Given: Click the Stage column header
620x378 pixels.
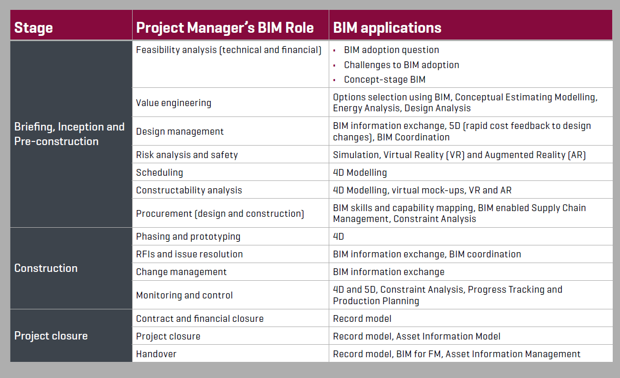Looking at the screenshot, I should [x=33, y=28].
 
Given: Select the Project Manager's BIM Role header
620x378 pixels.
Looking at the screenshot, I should [x=225, y=28].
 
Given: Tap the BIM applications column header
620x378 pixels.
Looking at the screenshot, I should [x=387, y=28].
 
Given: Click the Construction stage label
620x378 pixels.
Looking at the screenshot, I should [x=46, y=268].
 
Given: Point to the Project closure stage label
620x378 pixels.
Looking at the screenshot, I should [x=51, y=336].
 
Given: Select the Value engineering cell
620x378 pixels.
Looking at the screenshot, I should [x=174, y=103].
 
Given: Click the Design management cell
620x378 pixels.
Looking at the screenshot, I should [x=180, y=132].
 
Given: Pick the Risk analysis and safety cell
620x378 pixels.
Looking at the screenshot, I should [x=187, y=155].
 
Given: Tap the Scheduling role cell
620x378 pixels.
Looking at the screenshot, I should [x=159, y=173].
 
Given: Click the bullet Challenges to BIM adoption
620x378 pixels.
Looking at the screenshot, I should [x=401, y=65].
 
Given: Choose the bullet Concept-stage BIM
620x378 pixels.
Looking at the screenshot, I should [x=384, y=80].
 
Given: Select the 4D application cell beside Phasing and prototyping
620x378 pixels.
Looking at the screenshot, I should [x=339, y=237].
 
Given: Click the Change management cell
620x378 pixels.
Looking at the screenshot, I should [x=181, y=272].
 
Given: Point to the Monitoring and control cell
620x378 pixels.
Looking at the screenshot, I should [x=184, y=295].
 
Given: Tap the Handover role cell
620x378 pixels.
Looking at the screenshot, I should [x=156, y=354].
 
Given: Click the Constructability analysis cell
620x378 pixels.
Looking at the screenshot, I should [x=189, y=190].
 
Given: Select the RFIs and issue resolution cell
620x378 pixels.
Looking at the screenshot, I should [x=189, y=254].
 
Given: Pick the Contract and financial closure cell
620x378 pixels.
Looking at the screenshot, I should [x=200, y=319].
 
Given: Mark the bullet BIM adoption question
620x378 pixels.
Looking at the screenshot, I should [x=391, y=50].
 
